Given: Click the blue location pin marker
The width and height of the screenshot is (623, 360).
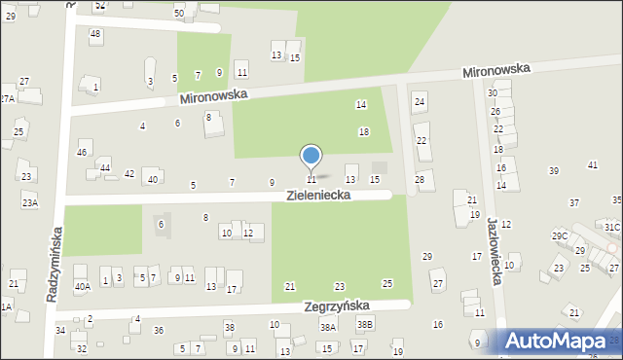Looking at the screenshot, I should (311, 156).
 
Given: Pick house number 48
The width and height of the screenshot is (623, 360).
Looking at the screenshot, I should (94, 34).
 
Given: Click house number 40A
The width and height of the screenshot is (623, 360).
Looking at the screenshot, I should (83, 286).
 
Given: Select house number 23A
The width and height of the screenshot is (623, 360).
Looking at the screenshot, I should (30, 202).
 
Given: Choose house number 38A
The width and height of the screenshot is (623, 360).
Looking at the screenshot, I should (328, 328).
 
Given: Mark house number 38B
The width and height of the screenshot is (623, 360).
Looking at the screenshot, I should (364, 324).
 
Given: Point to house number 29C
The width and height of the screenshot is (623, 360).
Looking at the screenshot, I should (560, 236).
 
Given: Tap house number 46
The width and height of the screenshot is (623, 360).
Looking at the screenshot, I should (83, 153).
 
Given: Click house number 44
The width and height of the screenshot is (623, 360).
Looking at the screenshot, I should (105, 168).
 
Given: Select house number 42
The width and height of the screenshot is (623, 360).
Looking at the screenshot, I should (129, 173).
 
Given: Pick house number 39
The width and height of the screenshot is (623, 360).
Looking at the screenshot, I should (553, 171).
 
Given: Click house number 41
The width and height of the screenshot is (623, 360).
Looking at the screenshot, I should (592, 165).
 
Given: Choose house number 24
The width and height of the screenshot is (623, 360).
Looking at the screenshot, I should (420, 101).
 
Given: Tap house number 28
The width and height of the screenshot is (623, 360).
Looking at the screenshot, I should (420, 179).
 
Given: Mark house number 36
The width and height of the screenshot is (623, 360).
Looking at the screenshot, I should (159, 331).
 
